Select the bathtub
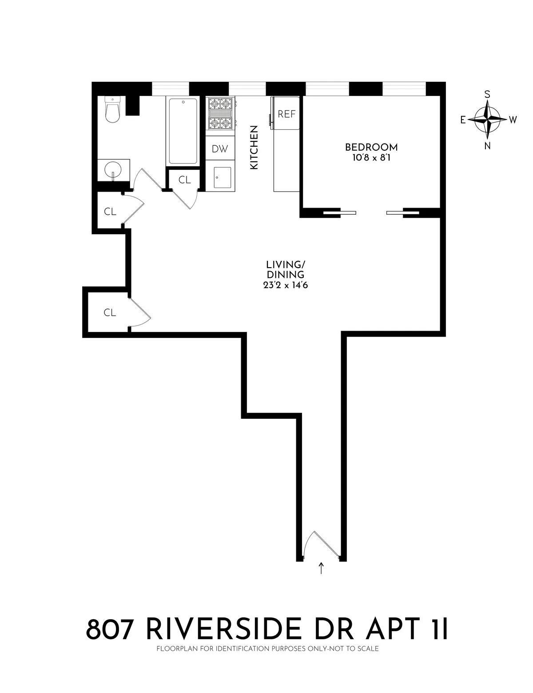coord(183,131)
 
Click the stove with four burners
coord(221,115)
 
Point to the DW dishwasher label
coord(219,149)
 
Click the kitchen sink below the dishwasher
coord(222,178)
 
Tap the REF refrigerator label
coord(286,114)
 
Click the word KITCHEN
coord(254,147)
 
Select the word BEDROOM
coord(371,147)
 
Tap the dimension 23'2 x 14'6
coord(285,285)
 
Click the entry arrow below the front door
coord(321,568)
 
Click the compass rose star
coord(487,120)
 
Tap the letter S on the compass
coord(487,94)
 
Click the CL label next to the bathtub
coord(184,180)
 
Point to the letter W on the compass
coord(513,120)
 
